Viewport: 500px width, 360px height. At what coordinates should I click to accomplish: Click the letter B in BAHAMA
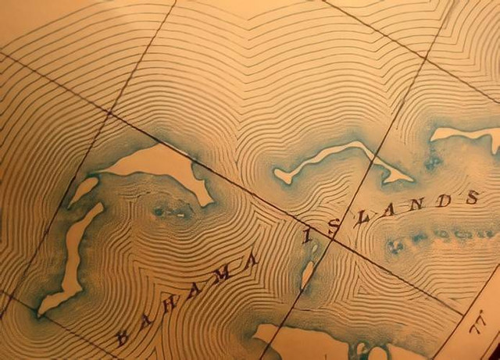pos(123,337)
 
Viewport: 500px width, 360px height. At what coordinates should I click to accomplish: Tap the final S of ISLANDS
pos(472,198)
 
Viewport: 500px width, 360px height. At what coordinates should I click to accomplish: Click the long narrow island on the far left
pos(72,258)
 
